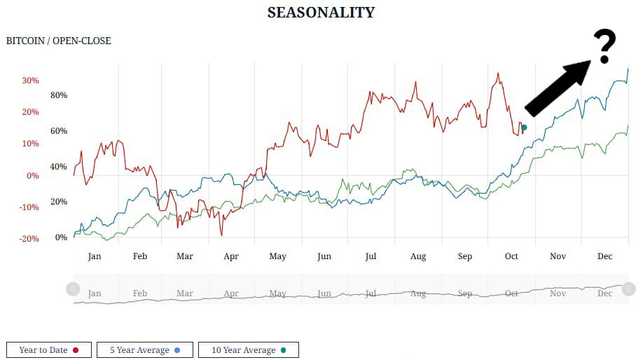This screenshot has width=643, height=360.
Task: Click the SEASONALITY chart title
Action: coord(321,13)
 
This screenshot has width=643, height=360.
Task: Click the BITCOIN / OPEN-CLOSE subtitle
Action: coord(58,41)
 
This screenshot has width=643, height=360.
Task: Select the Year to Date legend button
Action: coord(48,349)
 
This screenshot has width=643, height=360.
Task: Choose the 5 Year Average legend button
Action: coord(145,349)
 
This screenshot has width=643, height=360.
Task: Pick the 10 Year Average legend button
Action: coord(248,349)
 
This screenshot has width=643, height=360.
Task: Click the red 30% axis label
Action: coord(30,81)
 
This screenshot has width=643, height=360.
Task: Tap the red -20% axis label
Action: coord(29,239)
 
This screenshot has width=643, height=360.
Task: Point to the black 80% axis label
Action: coord(59,95)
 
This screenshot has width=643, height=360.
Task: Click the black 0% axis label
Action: coord(62,237)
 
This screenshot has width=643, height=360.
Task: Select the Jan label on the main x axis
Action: coord(95,256)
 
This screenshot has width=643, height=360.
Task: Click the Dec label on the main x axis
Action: coord(604,256)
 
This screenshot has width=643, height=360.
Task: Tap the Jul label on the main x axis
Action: coord(371,256)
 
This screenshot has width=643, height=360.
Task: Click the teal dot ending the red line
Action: coord(524,127)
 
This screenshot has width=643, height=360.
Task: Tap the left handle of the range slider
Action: coord(73,289)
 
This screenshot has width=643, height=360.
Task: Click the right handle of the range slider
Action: coord(628,289)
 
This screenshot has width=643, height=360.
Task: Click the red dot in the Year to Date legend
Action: coord(75,349)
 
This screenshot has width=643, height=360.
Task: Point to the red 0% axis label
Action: coord(33,176)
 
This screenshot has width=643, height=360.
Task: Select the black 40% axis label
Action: coord(59,167)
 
